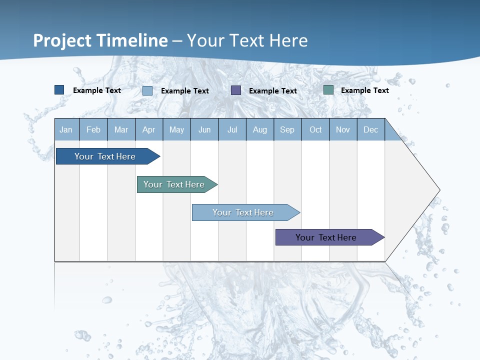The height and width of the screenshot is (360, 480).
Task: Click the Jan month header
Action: [x=66, y=129]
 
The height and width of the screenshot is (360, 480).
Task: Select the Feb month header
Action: [x=93, y=129]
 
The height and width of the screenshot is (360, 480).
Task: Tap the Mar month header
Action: [x=121, y=129]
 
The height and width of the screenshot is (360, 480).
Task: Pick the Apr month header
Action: [x=149, y=129]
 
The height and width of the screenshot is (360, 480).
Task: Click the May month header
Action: [x=176, y=129]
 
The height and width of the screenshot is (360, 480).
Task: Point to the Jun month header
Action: [x=204, y=129]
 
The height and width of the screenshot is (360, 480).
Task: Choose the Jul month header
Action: [x=232, y=129]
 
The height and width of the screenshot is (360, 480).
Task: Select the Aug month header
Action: [x=260, y=129]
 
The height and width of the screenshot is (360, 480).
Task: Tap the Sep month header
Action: [x=287, y=129]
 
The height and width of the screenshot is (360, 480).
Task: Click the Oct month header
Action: [x=315, y=129]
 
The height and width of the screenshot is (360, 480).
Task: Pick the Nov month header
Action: [x=343, y=129]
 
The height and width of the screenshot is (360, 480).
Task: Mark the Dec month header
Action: [x=371, y=129]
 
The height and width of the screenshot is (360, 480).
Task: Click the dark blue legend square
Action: [x=59, y=90]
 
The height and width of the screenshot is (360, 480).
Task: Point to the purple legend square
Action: [x=236, y=90]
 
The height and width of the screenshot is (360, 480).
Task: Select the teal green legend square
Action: [x=328, y=90]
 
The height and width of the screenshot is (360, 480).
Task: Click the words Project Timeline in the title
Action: [x=100, y=40]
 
